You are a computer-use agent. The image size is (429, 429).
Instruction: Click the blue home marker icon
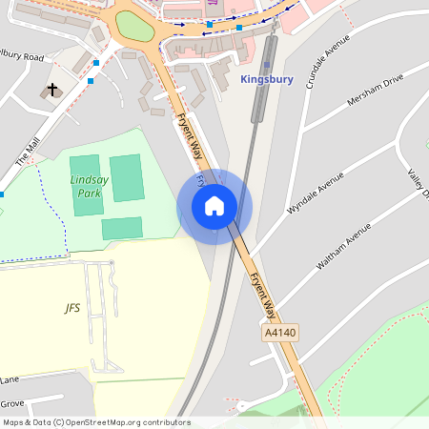[214, 206]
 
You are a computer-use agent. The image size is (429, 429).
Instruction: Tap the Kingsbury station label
[267, 79]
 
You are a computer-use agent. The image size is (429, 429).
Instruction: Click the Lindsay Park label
[87, 186]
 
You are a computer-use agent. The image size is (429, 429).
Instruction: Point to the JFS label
[72, 308]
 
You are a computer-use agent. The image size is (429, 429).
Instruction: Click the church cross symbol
[52, 92]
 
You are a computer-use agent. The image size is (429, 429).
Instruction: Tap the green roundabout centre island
[134, 27]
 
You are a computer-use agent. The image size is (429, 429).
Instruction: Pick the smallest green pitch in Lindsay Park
[122, 228]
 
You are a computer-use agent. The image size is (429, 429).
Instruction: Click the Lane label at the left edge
[10, 378]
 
